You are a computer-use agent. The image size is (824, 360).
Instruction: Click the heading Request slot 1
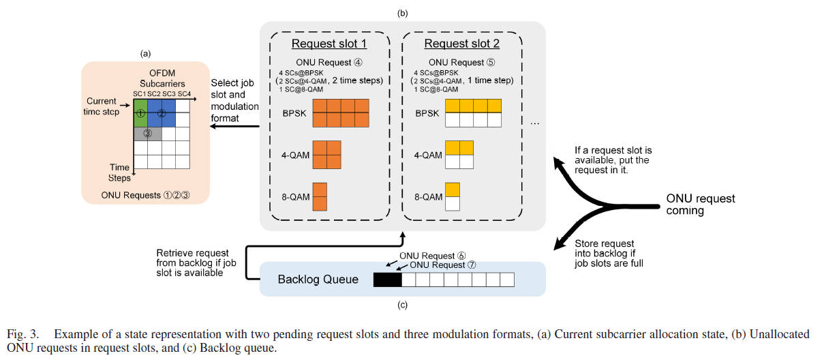tap(329, 44)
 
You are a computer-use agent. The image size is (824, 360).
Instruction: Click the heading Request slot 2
tap(461, 44)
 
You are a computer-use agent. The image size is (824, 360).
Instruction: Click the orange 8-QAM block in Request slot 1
tap(320, 196)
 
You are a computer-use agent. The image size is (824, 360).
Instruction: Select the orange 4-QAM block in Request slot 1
tap(326, 155)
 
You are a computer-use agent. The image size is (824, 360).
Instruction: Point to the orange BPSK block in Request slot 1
tap(341, 113)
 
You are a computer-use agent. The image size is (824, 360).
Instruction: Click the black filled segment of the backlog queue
tap(388, 280)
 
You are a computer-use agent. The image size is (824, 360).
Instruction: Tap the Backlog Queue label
tap(318, 280)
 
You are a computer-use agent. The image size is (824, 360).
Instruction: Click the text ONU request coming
tap(700, 205)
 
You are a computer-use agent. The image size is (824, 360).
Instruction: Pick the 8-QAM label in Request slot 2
tap(428, 197)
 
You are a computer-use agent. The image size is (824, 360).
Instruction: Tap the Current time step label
tap(108, 106)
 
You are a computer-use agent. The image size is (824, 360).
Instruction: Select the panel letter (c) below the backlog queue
tap(402, 305)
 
